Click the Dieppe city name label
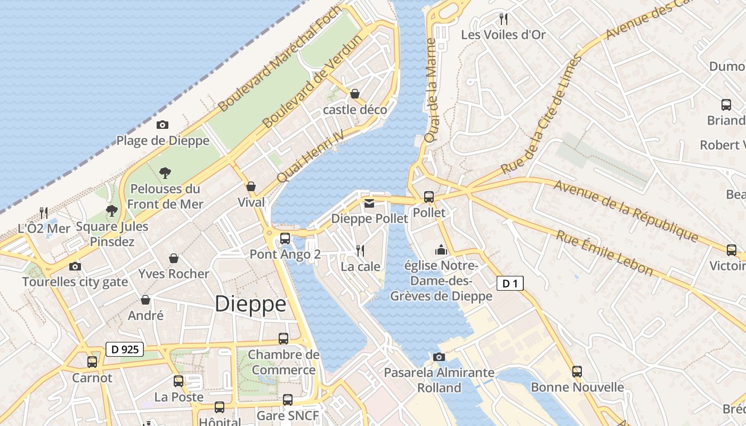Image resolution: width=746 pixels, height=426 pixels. (250, 304)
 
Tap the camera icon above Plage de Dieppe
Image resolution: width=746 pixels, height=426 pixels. (163, 125)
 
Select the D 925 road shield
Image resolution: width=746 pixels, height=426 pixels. (125, 349)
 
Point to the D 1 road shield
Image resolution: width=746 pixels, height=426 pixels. (510, 284)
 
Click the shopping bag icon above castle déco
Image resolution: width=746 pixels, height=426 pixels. (355, 94)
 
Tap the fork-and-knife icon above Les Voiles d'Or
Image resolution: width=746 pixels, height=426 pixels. (504, 19)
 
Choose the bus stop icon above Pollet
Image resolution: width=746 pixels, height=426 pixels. (429, 196)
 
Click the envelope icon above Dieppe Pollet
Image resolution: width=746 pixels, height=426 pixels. (369, 203)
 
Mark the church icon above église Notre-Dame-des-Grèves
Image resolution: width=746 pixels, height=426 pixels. (441, 249)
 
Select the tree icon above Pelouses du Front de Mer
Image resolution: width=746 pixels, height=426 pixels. (165, 173)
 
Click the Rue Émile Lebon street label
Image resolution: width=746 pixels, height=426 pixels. (604, 253)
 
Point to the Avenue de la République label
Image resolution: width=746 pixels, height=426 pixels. (626, 211)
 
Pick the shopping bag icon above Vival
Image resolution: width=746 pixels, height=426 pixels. (251, 186)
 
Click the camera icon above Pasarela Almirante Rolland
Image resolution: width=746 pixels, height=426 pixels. (439, 357)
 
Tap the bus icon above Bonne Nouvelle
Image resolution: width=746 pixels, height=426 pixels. (577, 371)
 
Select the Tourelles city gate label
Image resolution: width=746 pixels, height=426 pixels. (75, 282)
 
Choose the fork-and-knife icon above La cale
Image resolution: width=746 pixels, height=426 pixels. (360, 250)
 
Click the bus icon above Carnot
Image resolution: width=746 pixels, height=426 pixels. (92, 362)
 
